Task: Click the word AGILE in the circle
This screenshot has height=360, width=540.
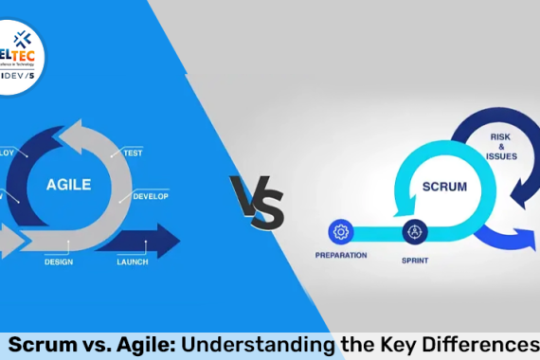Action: click(x=69, y=184)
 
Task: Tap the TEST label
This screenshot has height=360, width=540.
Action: click(x=133, y=152)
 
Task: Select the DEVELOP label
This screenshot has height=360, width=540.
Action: click(x=151, y=196)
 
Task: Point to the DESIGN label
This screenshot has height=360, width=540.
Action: click(x=58, y=261)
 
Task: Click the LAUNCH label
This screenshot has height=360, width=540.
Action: click(x=132, y=261)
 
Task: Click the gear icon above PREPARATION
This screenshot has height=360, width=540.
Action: click(x=340, y=231)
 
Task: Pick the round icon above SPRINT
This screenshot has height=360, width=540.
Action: click(x=414, y=231)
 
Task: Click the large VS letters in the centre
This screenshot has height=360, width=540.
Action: click(x=256, y=201)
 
